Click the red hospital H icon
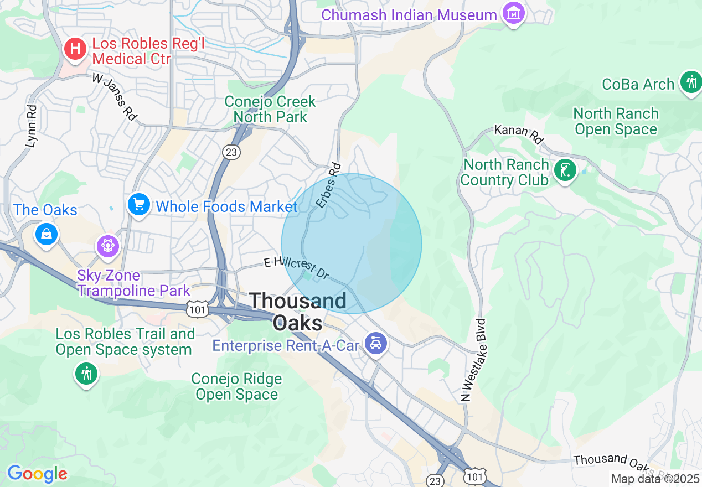[75, 49]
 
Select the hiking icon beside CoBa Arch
[690, 83]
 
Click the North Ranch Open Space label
[616, 122]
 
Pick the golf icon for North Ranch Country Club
[565, 170]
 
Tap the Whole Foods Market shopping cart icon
[138, 205]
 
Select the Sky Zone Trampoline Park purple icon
[107, 245]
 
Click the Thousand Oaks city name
[298, 312]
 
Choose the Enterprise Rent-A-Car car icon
[376, 344]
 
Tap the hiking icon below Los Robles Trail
[86, 374]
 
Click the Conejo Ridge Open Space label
[237, 387]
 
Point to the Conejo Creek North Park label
[270, 109]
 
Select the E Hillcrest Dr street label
[297, 267]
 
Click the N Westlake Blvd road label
[474, 360]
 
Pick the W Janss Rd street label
[114, 97]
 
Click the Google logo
[37, 474]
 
